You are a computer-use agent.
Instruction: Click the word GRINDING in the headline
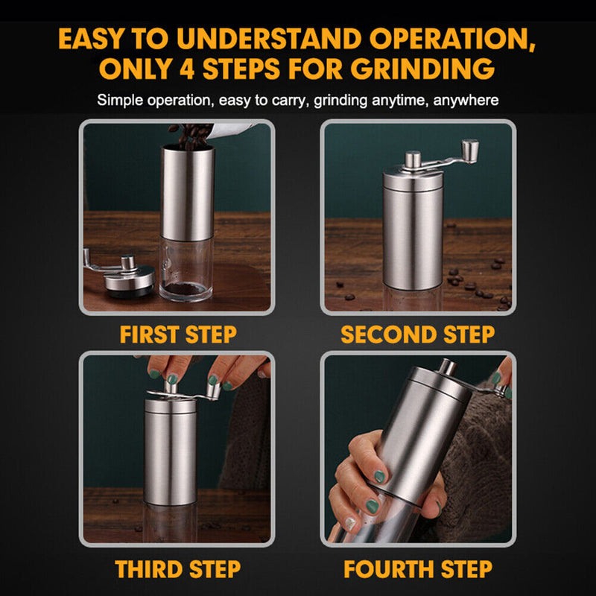coord(421,69)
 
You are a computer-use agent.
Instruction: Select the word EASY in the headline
coord(101,39)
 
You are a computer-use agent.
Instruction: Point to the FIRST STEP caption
coord(178,335)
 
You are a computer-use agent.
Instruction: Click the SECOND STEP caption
coord(417,335)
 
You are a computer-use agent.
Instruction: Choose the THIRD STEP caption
coord(178,569)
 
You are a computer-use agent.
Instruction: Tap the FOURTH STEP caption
coord(417,569)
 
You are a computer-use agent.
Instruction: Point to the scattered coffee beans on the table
coord(477,283)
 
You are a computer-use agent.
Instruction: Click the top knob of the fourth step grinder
coord(447,367)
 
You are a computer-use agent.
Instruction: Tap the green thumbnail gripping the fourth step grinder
coord(380,476)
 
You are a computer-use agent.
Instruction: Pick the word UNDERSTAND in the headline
coord(299,39)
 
